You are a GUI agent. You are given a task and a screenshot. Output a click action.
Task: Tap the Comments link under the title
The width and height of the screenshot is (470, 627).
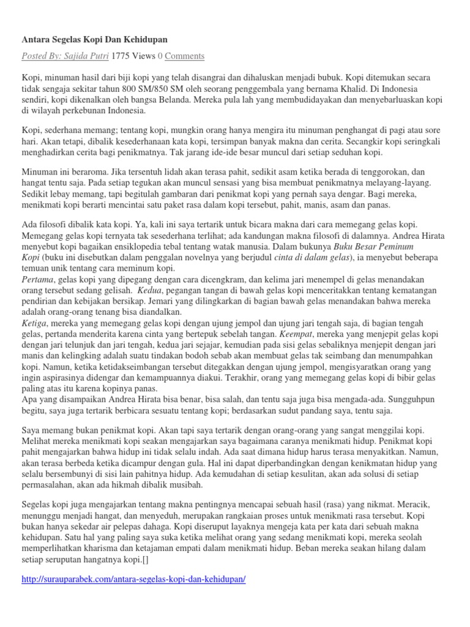(x=184, y=56)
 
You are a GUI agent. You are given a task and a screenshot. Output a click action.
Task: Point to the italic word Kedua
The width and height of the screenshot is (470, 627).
(x=151, y=290)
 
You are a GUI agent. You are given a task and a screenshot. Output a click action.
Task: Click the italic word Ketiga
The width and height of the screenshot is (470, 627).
(x=35, y=323)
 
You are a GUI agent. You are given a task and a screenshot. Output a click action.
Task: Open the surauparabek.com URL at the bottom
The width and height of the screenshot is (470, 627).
(x=134, y=579)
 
